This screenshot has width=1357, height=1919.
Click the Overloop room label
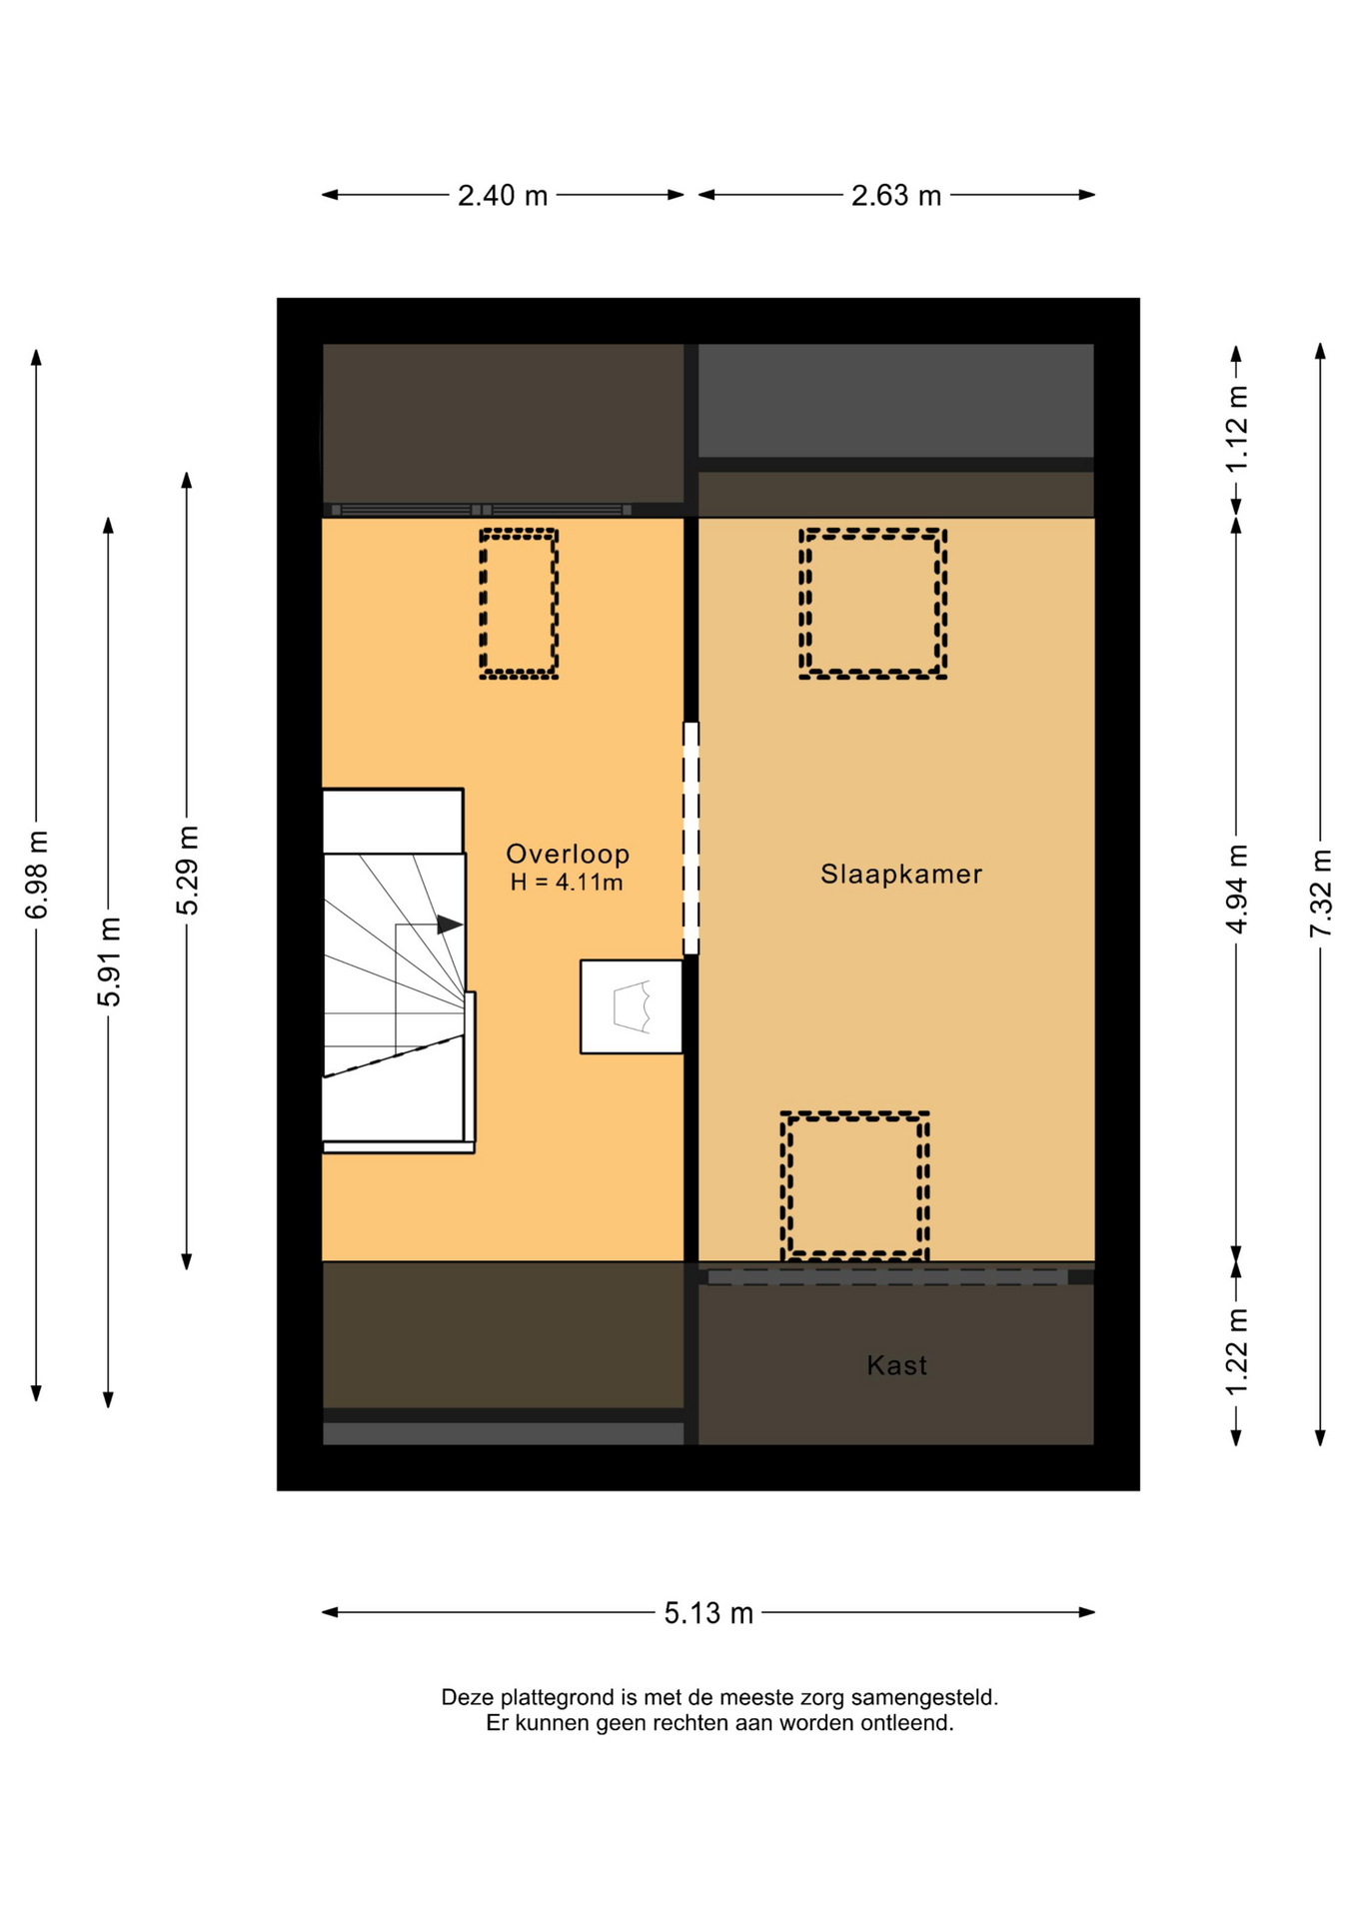tap(568, 854)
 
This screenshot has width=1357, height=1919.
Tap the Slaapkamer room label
tap(901, 875)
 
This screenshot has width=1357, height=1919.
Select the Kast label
tap(896, 1365)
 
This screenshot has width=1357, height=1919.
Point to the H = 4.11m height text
tap(567, 883)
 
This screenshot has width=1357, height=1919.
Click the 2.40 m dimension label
tap(503, 196)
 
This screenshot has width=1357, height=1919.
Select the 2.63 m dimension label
tap(896, 196)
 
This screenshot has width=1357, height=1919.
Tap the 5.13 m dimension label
tap(708, 1613)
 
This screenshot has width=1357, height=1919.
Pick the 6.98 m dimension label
tap(37, 875)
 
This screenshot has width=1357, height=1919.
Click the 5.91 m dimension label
tap(109, 961)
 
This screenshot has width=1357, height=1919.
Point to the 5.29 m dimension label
tap(187, 871)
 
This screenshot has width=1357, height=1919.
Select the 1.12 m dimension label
tap(1237, 430)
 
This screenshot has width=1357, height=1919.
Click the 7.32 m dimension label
tap(1321, 894)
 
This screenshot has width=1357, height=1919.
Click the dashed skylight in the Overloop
tap(482, 604)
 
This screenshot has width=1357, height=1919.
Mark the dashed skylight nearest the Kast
tap(784, 1185)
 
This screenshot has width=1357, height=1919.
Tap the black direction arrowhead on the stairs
tap(450, 925)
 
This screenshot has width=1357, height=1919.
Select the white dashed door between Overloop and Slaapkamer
tap(690, 838)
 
